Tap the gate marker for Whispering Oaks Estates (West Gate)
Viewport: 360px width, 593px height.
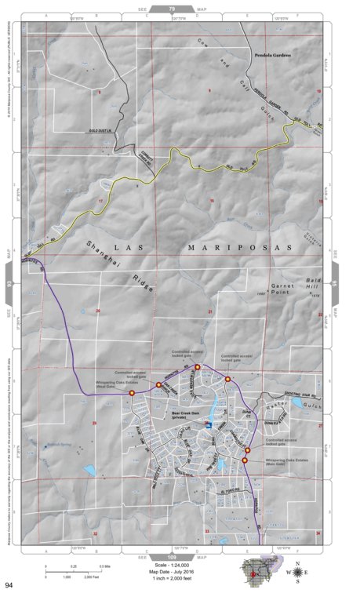pyautogui.click(x=132, y=392)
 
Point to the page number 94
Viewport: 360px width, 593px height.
pyautogui.click(x=9, y=584)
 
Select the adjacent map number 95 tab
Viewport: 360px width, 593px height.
pyautogui.click(x=335, y=275)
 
